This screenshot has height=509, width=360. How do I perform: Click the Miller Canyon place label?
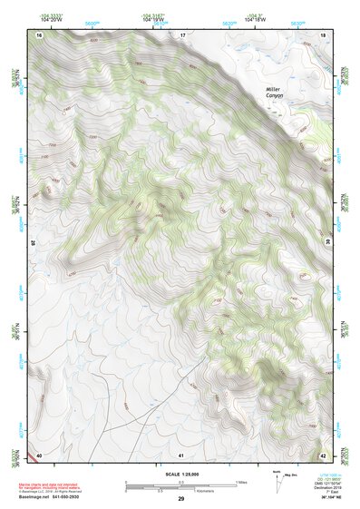(x=273, y=94)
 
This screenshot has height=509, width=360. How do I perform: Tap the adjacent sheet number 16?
(x=40, y=34)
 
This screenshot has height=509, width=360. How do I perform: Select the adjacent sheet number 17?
(x=182, y=34)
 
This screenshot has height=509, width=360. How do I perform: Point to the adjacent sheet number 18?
(x=324, y=34)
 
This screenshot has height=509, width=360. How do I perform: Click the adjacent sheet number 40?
(x=40, y=454)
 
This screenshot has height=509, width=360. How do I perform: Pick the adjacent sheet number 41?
(x=182, y=454)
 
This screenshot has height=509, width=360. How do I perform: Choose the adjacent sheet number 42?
(x=324, y=454)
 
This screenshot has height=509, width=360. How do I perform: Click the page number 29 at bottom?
(x=181, y=499)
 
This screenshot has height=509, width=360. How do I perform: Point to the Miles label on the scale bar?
(x=240, y=482)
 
